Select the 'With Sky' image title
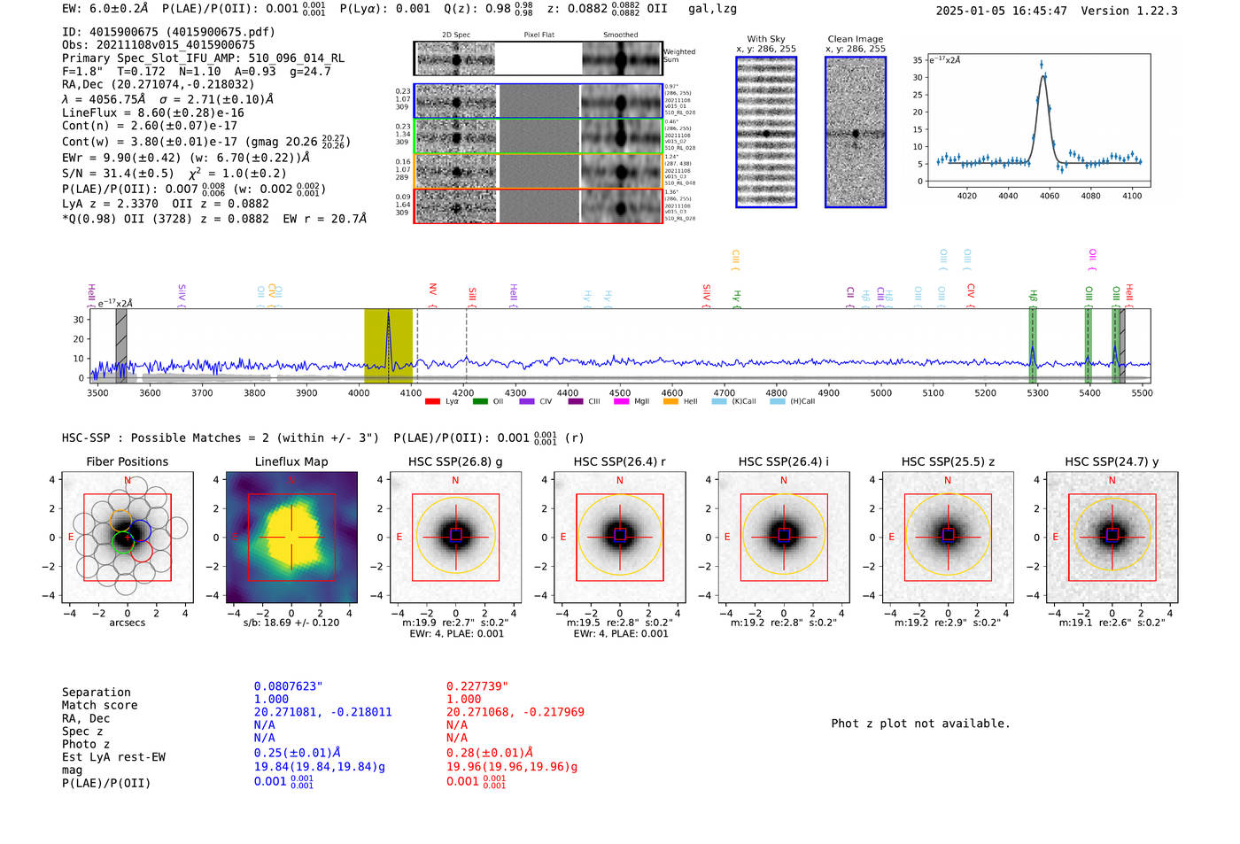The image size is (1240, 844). tap(766, 39)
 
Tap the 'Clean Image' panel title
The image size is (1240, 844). tap(855, 39)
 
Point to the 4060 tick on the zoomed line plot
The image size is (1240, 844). tap(1050, 195)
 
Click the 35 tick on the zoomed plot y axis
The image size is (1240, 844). tap(918, 60)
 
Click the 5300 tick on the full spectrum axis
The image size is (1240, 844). tap(1037, 392)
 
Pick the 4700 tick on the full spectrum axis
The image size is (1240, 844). tap(725, 392)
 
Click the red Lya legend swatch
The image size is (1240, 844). tap(432, 401)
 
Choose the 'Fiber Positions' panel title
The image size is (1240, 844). tap(127, 461)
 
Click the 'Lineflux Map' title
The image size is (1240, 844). tap(291, 461)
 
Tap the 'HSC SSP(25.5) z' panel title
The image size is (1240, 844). tap(948, 461)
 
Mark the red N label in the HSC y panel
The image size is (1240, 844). tap(1112, 480)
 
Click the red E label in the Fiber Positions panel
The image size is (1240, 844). tap(71, 537)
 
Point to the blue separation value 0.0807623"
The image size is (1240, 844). tap(289, 686)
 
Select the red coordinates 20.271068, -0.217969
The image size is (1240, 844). tap(515, 712)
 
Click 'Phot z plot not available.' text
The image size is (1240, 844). tap(920, 724)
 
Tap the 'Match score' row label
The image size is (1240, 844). tap(99, 705)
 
